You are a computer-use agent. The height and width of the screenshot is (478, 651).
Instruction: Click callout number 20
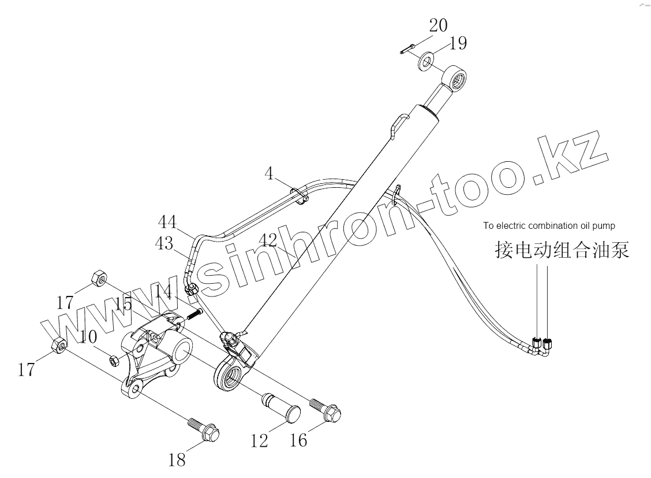[438, 26]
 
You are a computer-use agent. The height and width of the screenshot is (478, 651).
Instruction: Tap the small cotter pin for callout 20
[406, 49]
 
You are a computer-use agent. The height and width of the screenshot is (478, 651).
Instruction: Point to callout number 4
[270, 173]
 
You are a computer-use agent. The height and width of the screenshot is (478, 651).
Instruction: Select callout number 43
[164, 243]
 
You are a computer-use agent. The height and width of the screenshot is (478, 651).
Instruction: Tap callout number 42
[267, 239]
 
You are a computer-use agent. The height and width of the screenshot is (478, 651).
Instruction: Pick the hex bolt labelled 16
[326, 409]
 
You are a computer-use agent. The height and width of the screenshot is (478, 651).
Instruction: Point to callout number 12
[260, 441]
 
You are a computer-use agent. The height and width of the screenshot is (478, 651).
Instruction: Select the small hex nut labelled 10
[114, 360]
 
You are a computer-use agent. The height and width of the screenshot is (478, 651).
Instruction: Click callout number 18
[177, 460]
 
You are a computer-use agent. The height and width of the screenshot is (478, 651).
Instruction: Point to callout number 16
[298, 440]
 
